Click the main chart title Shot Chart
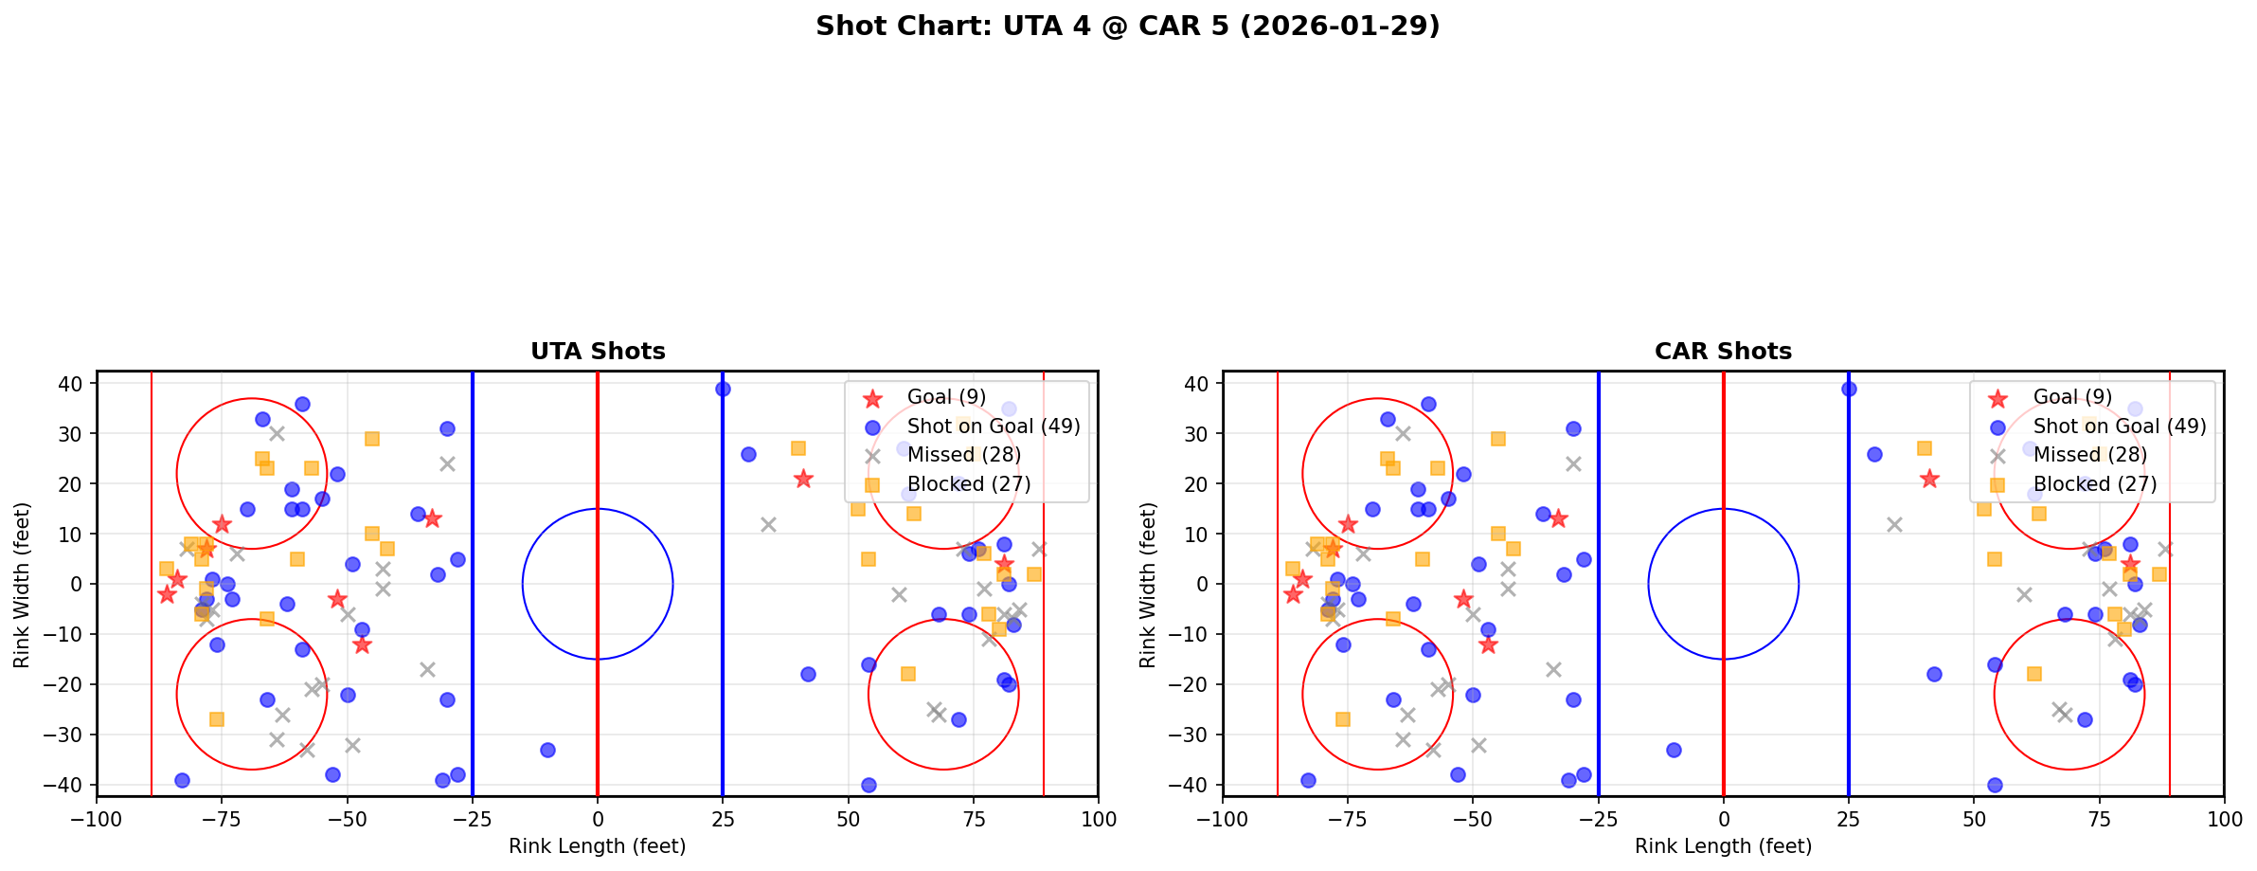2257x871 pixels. (1127, 27)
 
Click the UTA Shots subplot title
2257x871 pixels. (598, 352)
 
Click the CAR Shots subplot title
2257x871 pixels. (1723, 352)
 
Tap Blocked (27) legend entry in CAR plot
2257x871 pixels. (2094, 484)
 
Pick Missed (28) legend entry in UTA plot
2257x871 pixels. (963, 455)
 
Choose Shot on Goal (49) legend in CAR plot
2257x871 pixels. (2120, 426)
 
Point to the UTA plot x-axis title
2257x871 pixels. (598, 846)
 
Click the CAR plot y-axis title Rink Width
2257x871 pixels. (1148, 584)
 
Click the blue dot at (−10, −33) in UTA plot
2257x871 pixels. (547, 750)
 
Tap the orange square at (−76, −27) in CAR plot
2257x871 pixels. (1342, 719)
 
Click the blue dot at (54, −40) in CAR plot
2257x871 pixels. (1994, 785)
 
